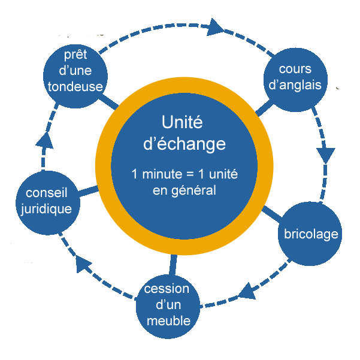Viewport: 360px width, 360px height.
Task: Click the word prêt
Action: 75,55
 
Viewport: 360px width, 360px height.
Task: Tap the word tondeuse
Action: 75,87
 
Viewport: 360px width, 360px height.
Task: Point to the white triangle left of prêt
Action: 52,55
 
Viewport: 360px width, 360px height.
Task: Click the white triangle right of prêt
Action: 99,55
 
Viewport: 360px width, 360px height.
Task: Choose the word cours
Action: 295,69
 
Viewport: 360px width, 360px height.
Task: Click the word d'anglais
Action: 295,85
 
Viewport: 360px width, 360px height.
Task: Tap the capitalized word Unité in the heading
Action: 182,122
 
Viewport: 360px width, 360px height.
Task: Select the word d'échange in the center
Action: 182,144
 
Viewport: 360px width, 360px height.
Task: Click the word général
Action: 194,191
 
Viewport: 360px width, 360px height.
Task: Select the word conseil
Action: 47,193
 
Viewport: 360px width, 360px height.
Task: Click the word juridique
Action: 47,209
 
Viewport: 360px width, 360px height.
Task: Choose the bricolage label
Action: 311,234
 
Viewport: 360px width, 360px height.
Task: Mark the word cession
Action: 167,289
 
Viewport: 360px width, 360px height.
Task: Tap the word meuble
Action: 168,321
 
